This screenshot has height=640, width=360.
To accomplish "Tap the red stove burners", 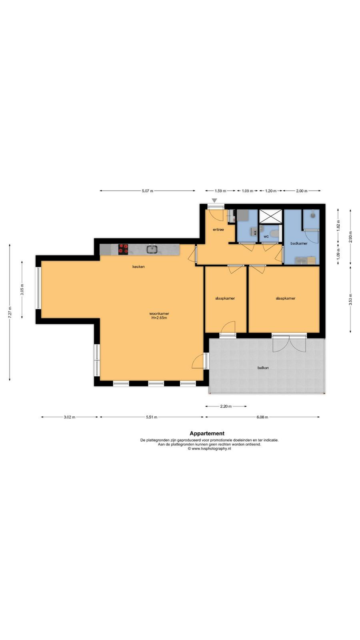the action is pyautogui.click(x=123, y=250).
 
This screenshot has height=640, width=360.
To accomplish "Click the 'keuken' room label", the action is pyautogui.click(x=138, y=266).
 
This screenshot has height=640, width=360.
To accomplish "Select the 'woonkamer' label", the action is pyautogui.click(x=159, y=314).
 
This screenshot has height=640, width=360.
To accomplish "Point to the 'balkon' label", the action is pyautogui.click(x=263, y=368).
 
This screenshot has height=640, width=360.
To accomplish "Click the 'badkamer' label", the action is pyautogui.click(x=299, y=244).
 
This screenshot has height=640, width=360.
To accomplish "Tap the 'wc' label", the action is pyautogui.click(x=266, y=236).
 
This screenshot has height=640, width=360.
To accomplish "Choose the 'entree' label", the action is pyautogui.click(x=218, y=230).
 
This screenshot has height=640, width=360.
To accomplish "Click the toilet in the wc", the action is pyautogui.click(x=275, y=234).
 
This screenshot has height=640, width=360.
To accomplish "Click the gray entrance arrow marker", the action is pyautogui.click(x=214, y=200).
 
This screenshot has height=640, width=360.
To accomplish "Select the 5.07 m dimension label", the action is pyautogui.click(x=148, y=191).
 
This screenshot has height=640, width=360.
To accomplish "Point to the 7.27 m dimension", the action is pyautogui.click(x=10, y=312).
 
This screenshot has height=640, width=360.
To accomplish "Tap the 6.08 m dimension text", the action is pyautogui.click(x=262, y=417).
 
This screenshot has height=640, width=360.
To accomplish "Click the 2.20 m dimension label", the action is pyautogui.click(x=226, y=406).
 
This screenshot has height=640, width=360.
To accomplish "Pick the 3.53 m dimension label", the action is pyautogui.click(x=350, y=300).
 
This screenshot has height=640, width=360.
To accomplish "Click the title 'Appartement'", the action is pyautogui.click(x=207, y=434).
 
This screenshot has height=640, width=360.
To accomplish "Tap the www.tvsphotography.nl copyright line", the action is pyautogui.click(x=210, y=448).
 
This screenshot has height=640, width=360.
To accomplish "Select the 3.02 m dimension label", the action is pyautogui.click(x=70, y=417).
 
